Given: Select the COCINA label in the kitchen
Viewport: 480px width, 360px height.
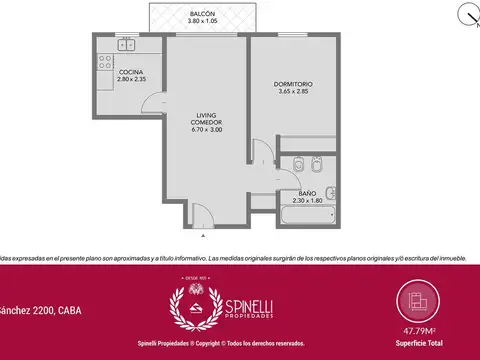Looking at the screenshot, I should coord(131,73).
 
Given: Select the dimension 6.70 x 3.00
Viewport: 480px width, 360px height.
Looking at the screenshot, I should coord(206,129).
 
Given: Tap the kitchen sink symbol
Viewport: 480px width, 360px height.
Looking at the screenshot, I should coord(126,44).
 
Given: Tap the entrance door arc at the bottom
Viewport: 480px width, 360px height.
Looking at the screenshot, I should coord(199,208).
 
